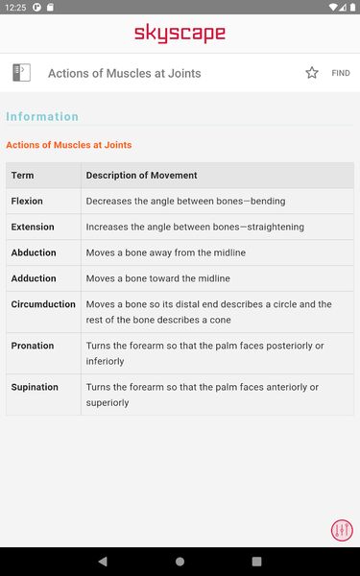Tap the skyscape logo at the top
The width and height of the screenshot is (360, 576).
pos(180,35)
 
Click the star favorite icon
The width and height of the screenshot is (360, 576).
pos(312,73)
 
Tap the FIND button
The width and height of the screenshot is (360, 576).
pos(341,73)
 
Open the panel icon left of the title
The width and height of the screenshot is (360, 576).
pos(21,73)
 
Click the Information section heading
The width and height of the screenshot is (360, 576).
pos(42,117)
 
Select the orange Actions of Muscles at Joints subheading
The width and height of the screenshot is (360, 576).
pos(69,145)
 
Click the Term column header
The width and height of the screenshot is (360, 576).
pos(22,176)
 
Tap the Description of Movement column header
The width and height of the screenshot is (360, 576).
pos(141,176)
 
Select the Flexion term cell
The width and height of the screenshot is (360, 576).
pos(27,202)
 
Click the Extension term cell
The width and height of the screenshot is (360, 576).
pos(33,228)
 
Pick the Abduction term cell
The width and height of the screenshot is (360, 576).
pos(34,252)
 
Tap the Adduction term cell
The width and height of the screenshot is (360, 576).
pos(34,278)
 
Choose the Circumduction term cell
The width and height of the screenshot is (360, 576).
pos(43,304)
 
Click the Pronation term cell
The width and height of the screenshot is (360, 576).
pos(33,346)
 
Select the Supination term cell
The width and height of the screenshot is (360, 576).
pos(35,387)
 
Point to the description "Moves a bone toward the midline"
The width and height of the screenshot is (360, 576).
pos(158,278)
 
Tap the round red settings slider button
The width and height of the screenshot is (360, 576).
pos(342,530)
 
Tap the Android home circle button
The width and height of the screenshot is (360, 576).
pos(180,562)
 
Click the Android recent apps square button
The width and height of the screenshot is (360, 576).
pos(256,562)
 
